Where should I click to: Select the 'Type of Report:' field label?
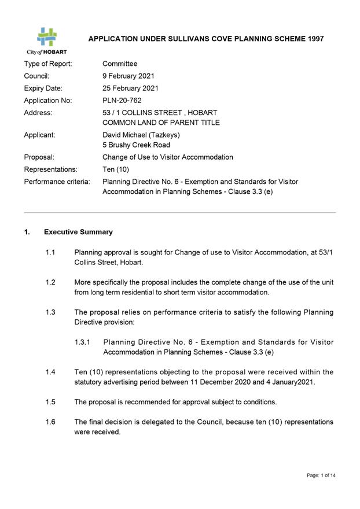pos(48,64)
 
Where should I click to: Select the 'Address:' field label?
pos(38,112)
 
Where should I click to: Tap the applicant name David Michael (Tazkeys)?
pos(141,135)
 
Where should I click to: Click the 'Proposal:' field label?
pos(39,157)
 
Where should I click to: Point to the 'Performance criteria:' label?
pos(57,182)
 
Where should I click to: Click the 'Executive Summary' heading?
pos(78,232)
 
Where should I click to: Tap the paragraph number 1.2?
pos(50,282)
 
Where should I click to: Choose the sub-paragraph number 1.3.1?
pos(83,342)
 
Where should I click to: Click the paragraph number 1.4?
pos(50,372)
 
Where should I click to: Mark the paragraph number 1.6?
pos(50,422)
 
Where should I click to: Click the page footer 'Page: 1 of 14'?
pos(321,475)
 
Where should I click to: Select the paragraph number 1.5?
pos(50,402)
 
